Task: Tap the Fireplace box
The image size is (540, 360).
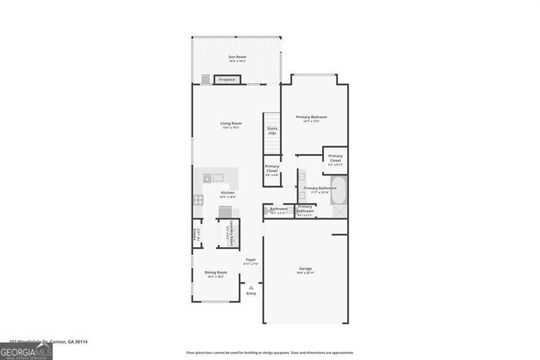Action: (227, 80)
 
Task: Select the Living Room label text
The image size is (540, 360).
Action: (231, 124)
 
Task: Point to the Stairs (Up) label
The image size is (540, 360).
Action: (272, 130)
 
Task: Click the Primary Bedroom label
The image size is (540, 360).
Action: (311, 118)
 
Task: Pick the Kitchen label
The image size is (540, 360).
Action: (227, 193)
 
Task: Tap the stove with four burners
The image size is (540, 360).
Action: (198, 199)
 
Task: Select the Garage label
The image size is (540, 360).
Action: (305, 269)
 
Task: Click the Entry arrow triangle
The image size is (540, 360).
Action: (251, 288)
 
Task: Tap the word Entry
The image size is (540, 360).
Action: (251, 294)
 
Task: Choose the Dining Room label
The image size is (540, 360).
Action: (215, 273)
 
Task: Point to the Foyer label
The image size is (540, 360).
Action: (250, 260)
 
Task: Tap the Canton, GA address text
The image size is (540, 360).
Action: (48, 342)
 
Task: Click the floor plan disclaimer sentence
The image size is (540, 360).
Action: (270, 353)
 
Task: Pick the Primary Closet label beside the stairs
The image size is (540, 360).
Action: (272, 169)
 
